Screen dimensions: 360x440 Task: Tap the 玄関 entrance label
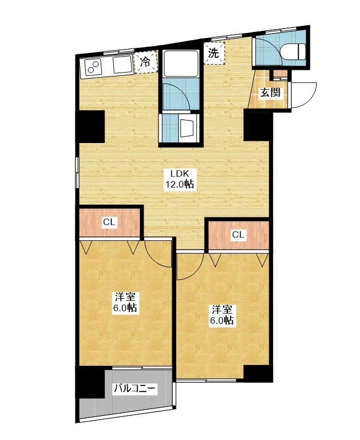(x=270, y=92)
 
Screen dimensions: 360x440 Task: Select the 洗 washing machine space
(x=214, y=53)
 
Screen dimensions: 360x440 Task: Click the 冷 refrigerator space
(x=145, y=62)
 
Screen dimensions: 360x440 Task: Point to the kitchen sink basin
(x=122, y=65)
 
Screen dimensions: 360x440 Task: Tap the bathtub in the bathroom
(x=181, y=63)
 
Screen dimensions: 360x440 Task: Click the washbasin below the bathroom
(x=187, y=128)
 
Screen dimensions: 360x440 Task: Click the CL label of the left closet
(x=109, y=222)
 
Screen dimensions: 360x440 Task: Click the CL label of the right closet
(x=238, y=234)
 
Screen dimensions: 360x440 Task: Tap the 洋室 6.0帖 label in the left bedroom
(x=126, y=301)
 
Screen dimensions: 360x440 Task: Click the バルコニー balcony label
(x=134, y=389)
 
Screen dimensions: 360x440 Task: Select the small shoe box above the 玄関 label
(x=280, y=74)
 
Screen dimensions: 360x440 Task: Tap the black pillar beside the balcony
(x=90, y=382)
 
